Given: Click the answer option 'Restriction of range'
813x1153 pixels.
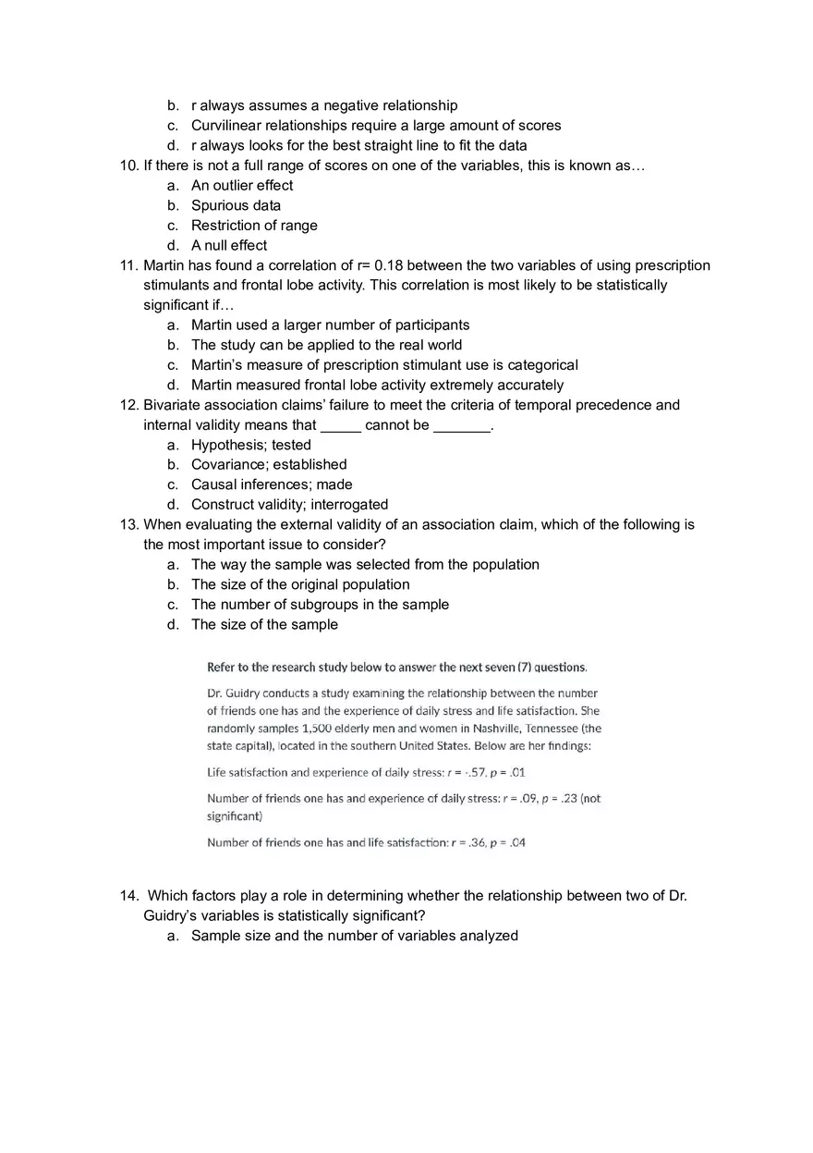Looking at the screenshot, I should click(x=254, y=226).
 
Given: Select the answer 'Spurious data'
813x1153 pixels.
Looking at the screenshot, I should click(x=236, y=205).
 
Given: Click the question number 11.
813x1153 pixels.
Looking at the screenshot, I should click(x=128, y=265).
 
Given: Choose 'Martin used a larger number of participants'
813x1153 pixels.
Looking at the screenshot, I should click(x=330, y=325).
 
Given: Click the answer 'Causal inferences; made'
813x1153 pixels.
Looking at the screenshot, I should click(x=272, y=485).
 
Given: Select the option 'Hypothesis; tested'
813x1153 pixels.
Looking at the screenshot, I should click(x=251, y=445).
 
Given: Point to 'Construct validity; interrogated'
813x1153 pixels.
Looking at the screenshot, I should click(x=289, y=505).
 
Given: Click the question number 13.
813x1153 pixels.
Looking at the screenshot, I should click(x=128, y=524).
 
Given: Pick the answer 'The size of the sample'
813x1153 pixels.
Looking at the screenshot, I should click(x=264, y=624).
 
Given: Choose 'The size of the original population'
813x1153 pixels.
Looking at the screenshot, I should click(x=300, y=584).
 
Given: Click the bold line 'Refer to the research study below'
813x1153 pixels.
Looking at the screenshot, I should click(x=396, y=667).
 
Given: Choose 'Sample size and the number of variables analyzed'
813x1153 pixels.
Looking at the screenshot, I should click(x=355, y=936).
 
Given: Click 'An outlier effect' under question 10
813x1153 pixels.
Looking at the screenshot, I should click(x=242, y=185).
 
